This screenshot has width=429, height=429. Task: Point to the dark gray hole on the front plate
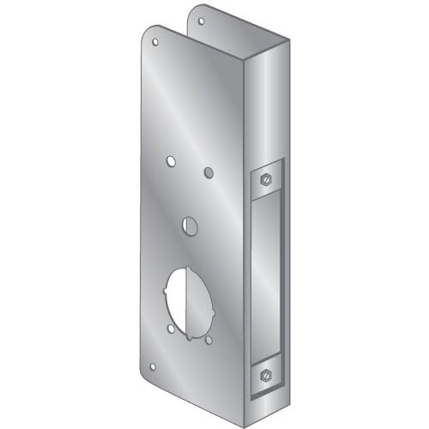[x=208, y=172]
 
